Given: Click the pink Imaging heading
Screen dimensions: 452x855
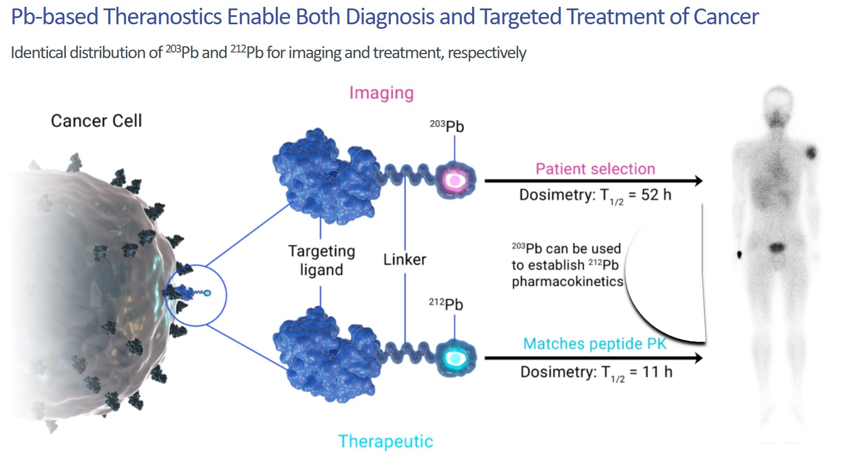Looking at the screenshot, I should [381, 93].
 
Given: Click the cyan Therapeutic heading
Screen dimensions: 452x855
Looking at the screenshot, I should [385, 441].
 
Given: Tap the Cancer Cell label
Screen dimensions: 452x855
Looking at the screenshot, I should [96, 121].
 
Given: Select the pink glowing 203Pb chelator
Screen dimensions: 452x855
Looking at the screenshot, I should [454, 179].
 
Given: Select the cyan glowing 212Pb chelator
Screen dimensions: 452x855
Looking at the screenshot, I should [454, 358].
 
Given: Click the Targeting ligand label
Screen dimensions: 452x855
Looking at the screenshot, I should [321, 260].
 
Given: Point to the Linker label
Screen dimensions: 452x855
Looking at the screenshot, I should [404, 260].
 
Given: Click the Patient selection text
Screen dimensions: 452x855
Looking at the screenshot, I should [595, 169].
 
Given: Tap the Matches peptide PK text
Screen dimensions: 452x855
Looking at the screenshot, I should [594, 344].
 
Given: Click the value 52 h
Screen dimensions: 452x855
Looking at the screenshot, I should [656, 195].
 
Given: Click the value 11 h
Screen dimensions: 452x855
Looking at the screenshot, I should [657, 372].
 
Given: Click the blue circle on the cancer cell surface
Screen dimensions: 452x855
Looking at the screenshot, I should [196, 295].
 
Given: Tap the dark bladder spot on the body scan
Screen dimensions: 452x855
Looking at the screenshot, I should [777, 247].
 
